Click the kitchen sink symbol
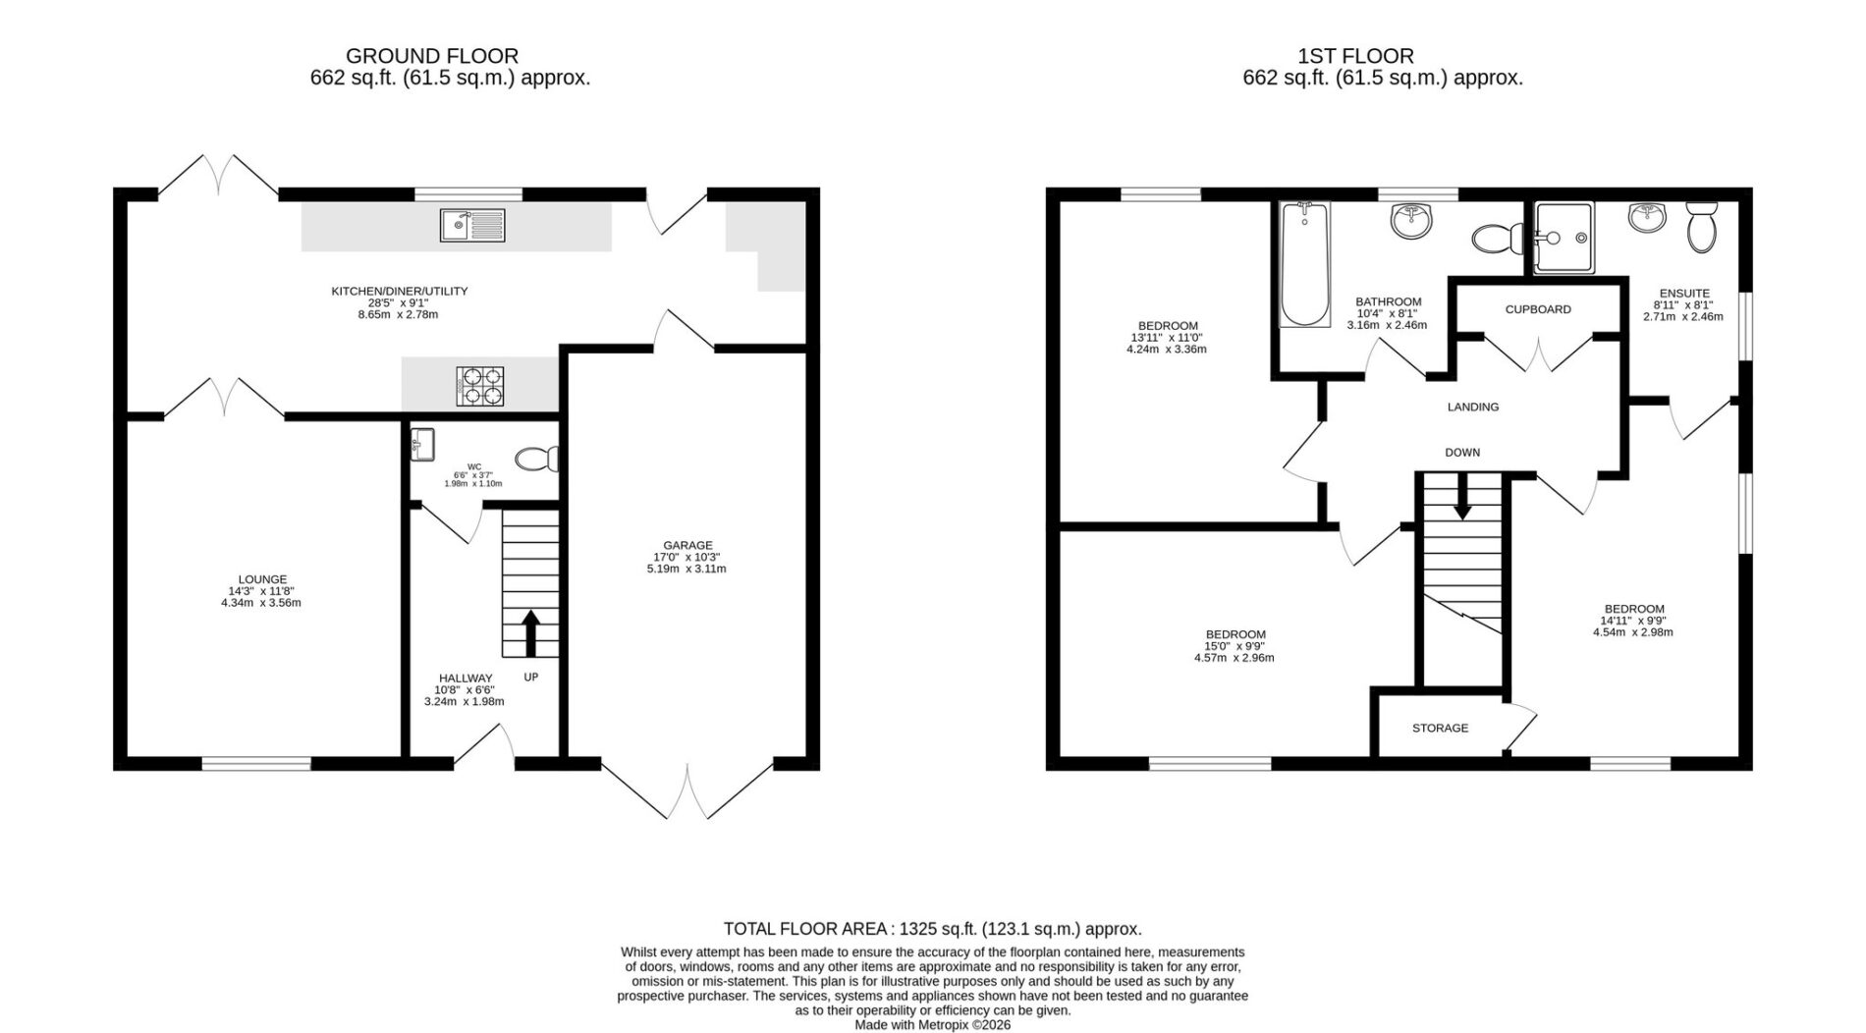472,225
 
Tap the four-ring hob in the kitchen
480,386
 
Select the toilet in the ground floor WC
537,459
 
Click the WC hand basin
423,444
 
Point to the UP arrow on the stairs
530,633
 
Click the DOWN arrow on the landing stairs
1462,497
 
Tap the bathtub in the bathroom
1304,264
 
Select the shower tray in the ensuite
1565,238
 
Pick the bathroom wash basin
1411,221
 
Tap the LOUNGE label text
262,579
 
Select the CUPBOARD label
1538,309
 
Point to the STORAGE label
1440,729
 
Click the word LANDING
1473,407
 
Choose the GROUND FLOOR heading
432,56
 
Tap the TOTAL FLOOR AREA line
932,929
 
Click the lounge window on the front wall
256,763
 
